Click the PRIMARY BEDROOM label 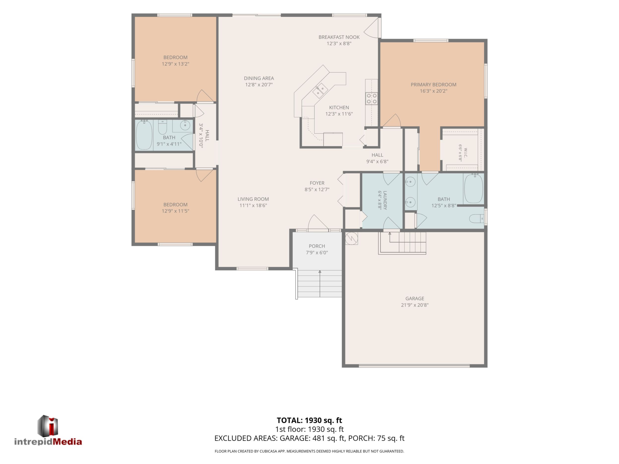(x=433, y=85)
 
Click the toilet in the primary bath (x=477, y=218)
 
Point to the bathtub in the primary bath (x=473, y=188)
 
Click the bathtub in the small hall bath (x=144, y=135)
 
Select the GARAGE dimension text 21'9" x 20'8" (x=415, y=305)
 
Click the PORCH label (x=317, y=246)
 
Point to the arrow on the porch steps (x=320, y=284)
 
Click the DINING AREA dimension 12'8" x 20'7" (x=259, y=85)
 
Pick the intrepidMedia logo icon (x=48, y=425)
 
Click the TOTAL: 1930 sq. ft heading (x=309, y=420)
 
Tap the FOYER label (x=317, y=183)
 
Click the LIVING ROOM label (x=253, y=199)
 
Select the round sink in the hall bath (x=185, y=126)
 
